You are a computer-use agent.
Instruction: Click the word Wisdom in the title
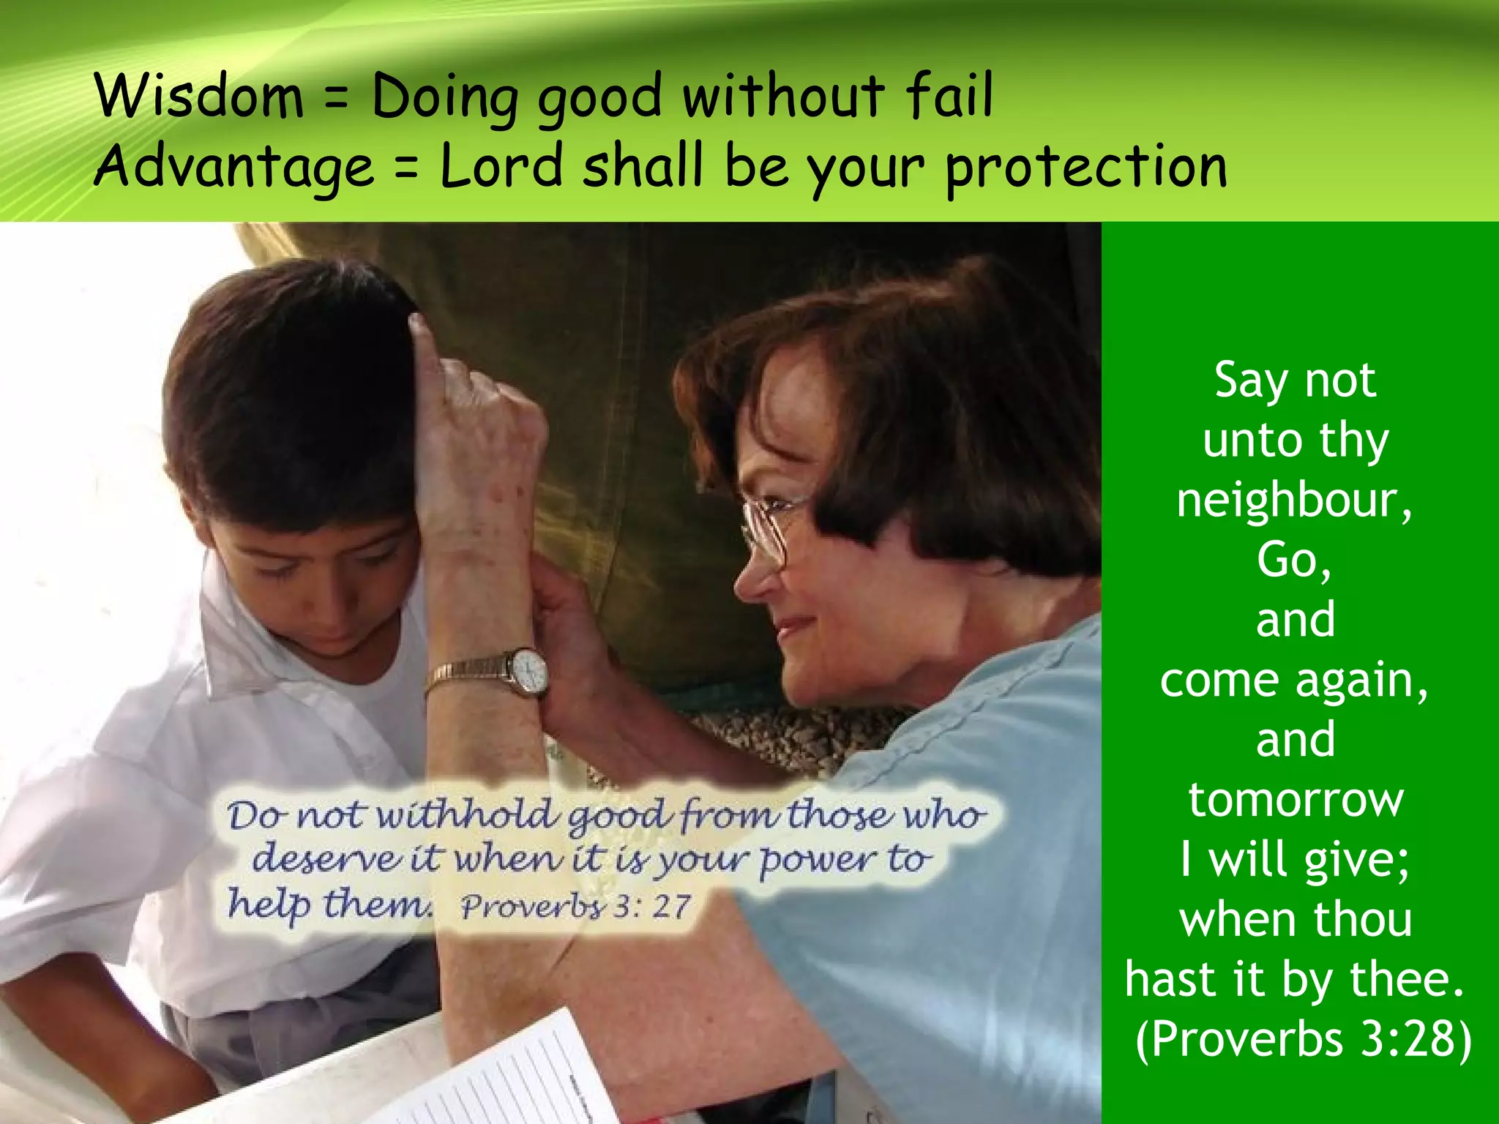point(199,96)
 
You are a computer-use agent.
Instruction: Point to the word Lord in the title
point(501,165)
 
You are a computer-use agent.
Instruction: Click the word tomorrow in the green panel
point(1296,800)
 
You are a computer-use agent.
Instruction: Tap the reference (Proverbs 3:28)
point(1303,1039)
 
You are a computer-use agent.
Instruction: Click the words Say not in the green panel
point(1295,381)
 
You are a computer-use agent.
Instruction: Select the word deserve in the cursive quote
point(326,858)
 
